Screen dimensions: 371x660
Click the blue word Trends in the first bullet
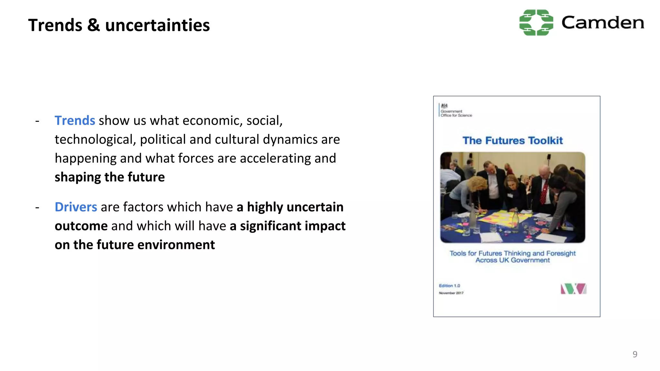coord(75,120)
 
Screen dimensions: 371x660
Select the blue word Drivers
coord(76,207)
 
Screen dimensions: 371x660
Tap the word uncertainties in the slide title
coord(157,25)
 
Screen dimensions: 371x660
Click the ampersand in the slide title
coord(93,25)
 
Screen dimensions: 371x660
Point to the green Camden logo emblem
coord(536,23)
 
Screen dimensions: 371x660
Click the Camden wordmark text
coord(603,23)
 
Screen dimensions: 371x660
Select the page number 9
coord(635,354)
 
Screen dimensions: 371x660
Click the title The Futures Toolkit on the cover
coord(512,140)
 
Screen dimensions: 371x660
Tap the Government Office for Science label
coord(456,113)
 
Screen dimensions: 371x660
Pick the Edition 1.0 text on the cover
coord(449,286)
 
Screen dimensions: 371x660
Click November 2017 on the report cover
coord(451,293)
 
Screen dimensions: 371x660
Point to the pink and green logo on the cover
coord(573,289)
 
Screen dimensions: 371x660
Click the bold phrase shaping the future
coord(110,177)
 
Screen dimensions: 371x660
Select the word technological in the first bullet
coord(95,140)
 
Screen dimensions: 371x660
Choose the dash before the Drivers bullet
coord(37,207)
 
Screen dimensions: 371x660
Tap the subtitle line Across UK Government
coord(512,260)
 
